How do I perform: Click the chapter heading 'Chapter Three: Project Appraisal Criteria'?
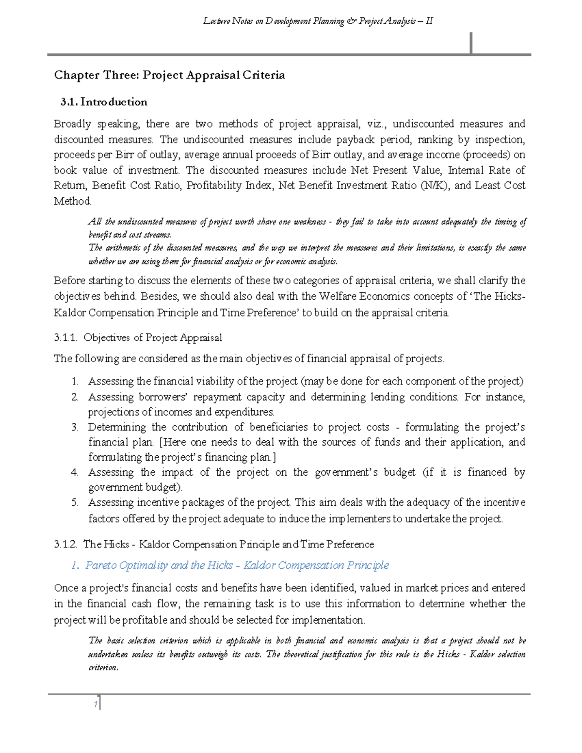click(169, 75)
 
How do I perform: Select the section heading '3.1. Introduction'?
click(103, 102)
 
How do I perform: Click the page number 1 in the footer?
click(96, 704)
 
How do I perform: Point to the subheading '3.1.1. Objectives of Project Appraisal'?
click(138, 337)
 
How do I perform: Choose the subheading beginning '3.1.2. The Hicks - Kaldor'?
click(214, 544)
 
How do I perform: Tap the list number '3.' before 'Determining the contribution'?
click(75, 427)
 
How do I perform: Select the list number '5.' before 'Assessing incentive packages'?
click(75, 502)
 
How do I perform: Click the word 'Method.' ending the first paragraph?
click(72, 201)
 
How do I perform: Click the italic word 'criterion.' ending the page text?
click(103, 668)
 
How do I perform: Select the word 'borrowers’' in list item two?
click(163, 397)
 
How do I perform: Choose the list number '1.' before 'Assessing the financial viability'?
click(75, 382)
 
